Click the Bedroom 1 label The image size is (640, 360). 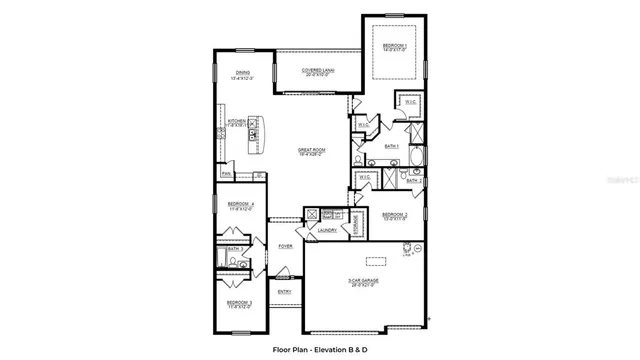[393, 47]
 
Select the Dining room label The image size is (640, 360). [243, 74]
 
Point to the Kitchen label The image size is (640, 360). [237, 122]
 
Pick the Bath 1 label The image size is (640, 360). [391, 146]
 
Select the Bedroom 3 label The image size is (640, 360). [238, 303]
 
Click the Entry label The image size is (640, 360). [285, 292]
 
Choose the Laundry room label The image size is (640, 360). [327, 231]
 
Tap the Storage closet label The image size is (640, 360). [357, 226]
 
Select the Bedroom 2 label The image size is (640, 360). [395, 215]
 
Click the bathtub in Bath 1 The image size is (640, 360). [417, 156]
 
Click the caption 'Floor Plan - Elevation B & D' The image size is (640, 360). [319, 350]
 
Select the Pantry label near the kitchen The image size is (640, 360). [227, 174]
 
